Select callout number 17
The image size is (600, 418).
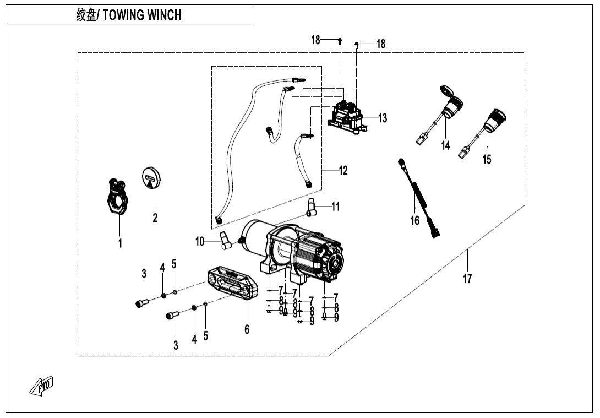tap(467, 279)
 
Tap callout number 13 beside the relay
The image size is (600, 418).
tap(382, 118)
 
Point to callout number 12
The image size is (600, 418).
tap(343, 171)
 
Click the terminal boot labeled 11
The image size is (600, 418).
tap(313, 208)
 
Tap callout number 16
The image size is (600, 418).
tap(415, 220)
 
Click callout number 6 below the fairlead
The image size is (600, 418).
tap(247, 329)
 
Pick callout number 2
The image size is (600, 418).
tap(155, 218)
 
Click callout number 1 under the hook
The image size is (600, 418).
tap(120, 243)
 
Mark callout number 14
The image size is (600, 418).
tap(446, 145)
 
